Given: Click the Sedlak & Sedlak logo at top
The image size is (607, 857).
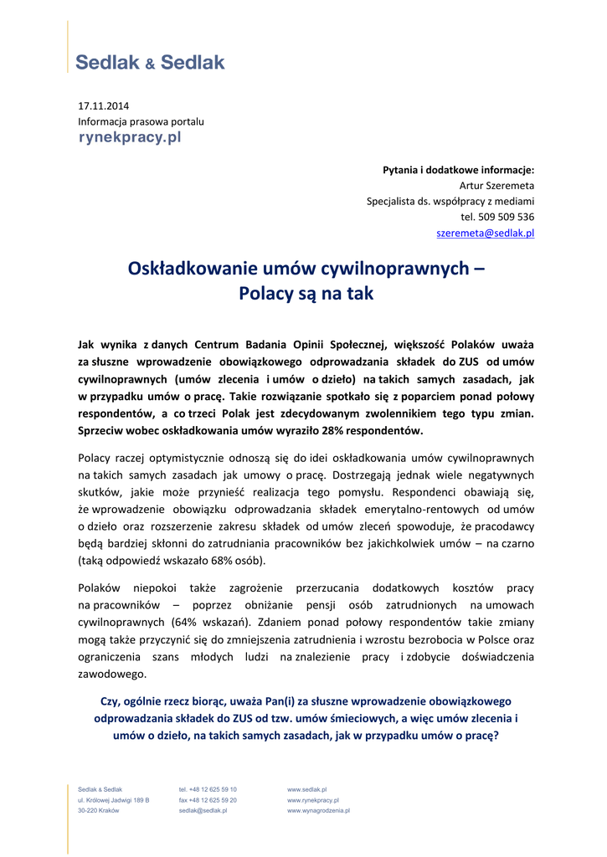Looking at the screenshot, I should pyautogui.click(x=150, y=62).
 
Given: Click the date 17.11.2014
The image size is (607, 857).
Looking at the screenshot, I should pyautogui.click(x=104, y=106).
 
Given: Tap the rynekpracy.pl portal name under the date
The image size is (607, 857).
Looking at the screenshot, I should pyautogui.click(x=129, y=137).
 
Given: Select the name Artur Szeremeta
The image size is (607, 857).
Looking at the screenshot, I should pyautogui.click(x=496, y=185).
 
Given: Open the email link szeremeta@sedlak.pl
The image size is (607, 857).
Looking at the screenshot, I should pyautogui.click(x=486, y=233).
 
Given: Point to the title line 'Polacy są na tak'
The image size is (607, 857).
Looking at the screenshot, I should pyautogui.click(x=306, y=295).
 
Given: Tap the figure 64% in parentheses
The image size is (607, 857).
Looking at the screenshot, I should pyautogui.click(x=186, y=623).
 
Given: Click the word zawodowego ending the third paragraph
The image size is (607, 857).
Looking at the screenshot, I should pyautogui.click(x=112, y=674).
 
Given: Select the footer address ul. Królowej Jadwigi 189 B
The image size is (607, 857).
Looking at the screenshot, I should pyautogui.click(x=114, y=800).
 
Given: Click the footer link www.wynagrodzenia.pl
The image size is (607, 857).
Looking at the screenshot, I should pyautogui.click(x=318, y=811).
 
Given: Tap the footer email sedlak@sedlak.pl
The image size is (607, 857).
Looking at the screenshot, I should pyautogui.click(x=203, y=811).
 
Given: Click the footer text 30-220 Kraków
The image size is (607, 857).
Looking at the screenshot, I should pyautogui.click(x=98, y=811).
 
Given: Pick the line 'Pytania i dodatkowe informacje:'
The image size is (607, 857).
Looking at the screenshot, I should pyautogui.click(x=458, y=169).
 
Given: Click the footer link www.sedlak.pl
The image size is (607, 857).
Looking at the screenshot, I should pyautogui.click(x=306, y=789).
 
